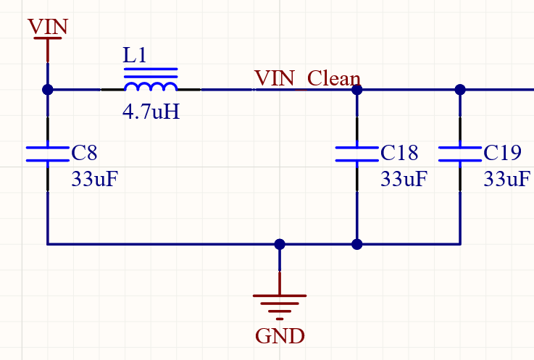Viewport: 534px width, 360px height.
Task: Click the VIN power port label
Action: tap(48, 27)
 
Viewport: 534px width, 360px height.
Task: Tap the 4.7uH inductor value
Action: tap(151, 113)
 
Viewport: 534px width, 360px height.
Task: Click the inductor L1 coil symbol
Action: tap(151, 86)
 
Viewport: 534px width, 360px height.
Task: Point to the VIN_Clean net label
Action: tap(307, 78)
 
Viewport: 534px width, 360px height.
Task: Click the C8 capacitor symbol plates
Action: tap(48, 153)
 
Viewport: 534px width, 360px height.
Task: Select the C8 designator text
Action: tap(84, 153)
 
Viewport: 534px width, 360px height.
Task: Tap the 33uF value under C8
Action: tap(94, 179)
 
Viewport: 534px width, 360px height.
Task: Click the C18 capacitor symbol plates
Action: tap(356, 153)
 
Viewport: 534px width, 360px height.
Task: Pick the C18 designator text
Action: tap(399, 153)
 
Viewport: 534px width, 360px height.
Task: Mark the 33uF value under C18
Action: tap(404, 179)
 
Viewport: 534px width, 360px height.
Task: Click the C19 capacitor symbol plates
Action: tap(460, 153)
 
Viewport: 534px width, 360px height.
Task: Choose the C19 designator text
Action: tap(502, 153)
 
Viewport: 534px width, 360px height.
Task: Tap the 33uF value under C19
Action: tap(506, 179)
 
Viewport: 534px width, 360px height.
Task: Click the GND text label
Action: tap(280, 336)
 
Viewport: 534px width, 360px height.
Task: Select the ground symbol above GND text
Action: tap(280, 303)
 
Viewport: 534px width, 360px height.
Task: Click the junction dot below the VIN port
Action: tap(48, 90)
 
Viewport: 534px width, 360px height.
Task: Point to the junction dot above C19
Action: tap(460, 90)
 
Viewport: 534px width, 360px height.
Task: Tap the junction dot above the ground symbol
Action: tap(280, 244)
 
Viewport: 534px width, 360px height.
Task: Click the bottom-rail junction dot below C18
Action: tap(356, 244)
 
